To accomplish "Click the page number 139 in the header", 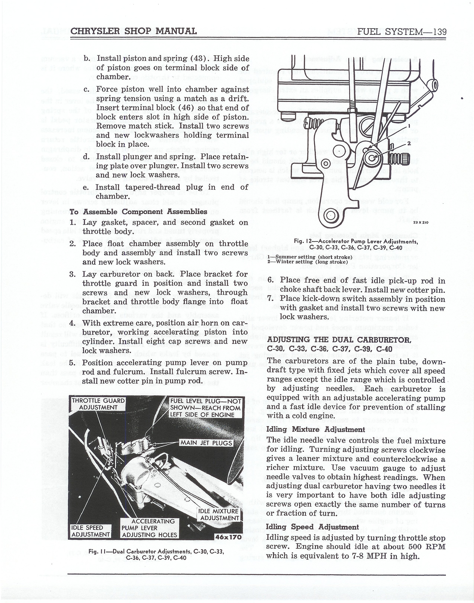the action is (x=437, y=31).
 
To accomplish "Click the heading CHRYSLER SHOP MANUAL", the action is (x=134, y=31).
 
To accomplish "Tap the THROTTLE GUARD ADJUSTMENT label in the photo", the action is (x=98, y=404).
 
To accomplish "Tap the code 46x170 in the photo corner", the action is (x=229, y=537).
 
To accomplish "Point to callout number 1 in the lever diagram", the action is (x=409, y=126).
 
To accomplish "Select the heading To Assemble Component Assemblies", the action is (x=138, y=212).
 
